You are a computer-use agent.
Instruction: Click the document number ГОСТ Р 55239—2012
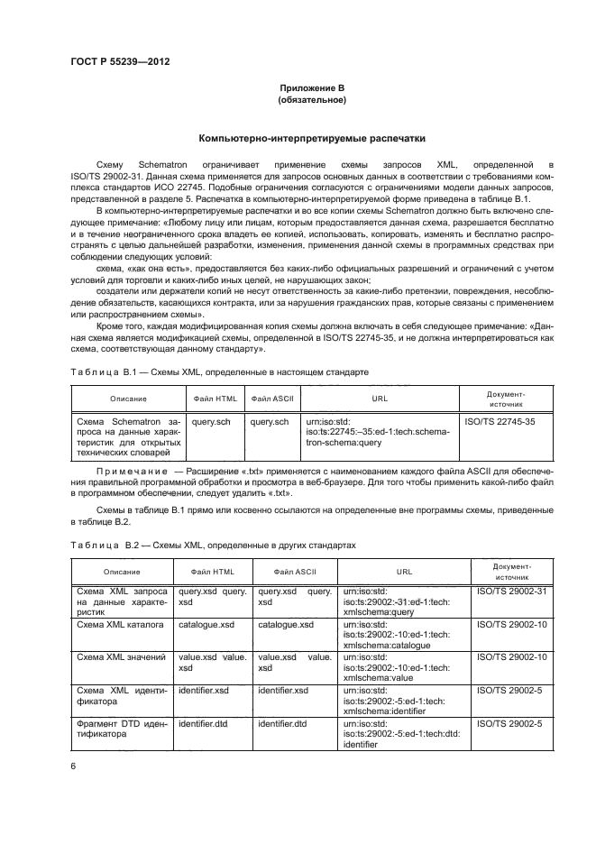(120, 62)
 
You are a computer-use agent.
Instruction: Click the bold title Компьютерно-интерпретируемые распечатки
(312, 139)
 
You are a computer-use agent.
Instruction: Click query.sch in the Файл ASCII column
(270, 420)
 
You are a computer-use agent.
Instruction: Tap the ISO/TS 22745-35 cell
(499, 420)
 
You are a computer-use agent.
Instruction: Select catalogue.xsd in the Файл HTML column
(208, 624)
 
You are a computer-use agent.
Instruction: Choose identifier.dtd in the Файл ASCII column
(282, 723)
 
